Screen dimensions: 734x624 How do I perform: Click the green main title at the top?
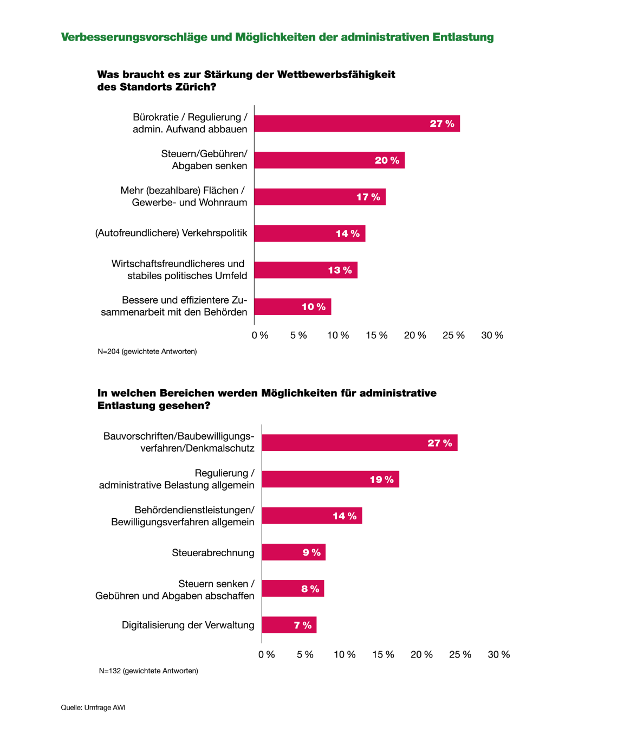(277, 37)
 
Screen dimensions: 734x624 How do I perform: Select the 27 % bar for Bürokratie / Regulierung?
(356, 124)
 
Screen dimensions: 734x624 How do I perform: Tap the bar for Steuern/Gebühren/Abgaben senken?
(329, 160)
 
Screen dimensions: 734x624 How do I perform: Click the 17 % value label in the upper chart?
(368, 197)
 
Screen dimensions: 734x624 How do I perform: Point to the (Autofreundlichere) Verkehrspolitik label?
(171, 233)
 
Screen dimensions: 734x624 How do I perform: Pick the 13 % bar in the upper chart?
(305, 270)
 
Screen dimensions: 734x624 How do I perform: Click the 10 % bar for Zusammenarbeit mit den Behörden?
(292, 307)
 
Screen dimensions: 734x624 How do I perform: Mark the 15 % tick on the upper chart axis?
(376, 336)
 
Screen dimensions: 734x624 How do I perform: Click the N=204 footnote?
(147, 352)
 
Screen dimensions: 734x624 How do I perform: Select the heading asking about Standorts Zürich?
(246, 81)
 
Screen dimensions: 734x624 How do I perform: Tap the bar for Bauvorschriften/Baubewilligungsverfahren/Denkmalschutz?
(359, 443)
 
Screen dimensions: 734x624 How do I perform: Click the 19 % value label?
(381, 480)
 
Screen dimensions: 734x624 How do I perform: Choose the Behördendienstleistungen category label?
(183, 516)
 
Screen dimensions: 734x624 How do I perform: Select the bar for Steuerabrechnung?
(293, 552)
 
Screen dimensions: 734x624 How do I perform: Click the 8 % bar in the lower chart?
(292, 589)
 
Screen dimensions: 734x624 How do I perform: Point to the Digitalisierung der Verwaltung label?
(188, 625)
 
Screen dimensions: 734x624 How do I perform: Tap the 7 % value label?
(303, 626)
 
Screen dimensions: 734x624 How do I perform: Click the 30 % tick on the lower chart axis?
(498, 655)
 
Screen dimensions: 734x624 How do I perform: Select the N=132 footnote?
(148, 671)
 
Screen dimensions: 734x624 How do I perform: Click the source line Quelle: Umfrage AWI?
(93, 707)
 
